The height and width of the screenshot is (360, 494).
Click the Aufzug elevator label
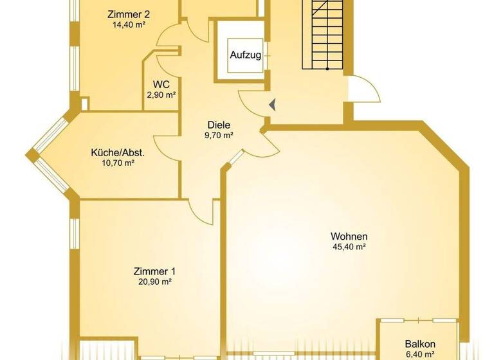click(x=246, y=55)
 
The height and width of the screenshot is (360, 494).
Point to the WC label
click(x=161, y=84)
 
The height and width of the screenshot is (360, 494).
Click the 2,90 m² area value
click(x=161, y=95)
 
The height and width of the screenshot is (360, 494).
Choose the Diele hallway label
click(x=219, y=125)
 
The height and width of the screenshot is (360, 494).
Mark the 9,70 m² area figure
click(x=219, y=136)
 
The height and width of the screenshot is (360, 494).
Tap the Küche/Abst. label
click(x=118, y=153)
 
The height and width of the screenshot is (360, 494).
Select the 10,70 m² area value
click(x=118, y=163)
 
